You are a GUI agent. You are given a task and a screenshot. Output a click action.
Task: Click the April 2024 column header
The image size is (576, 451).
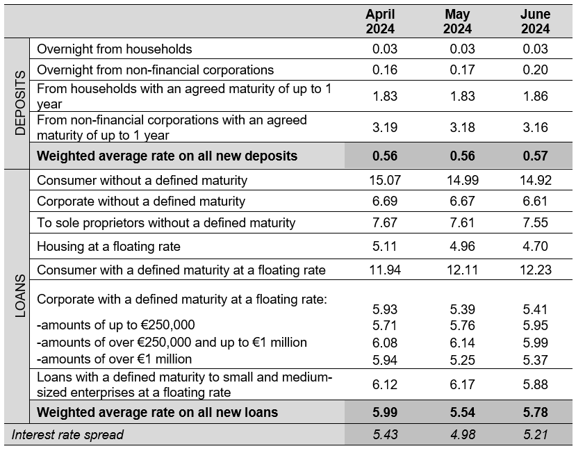[380, 22]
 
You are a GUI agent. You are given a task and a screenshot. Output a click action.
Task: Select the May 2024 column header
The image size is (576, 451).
[457, 22]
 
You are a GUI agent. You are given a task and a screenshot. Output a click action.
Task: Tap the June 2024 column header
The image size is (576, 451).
[535, 22]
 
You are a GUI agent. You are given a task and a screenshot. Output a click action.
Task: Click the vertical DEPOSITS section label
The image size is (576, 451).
[20, 103]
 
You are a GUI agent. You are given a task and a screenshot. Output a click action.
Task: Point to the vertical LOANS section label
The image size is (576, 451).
[20, 295]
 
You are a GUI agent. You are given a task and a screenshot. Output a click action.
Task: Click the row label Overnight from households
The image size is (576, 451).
[114, 49]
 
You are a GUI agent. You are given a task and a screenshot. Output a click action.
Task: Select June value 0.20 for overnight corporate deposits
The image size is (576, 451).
[535, 69]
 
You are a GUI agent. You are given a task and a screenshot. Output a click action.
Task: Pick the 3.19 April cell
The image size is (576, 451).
[385, 127]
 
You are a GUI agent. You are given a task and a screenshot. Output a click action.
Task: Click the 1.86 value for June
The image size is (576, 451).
[535, 96]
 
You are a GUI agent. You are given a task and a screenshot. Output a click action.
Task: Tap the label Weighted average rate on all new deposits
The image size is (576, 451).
[167, 156]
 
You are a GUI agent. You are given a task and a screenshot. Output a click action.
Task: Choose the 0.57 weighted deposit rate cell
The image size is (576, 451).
[535, 156]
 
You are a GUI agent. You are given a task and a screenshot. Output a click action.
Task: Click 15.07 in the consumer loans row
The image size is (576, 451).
[385, 180]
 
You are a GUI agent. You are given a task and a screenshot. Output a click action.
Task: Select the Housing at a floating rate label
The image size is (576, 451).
[108, 246]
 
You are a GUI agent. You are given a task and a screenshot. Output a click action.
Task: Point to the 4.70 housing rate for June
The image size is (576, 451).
[535, 246]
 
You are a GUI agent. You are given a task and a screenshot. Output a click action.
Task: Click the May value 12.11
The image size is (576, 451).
[462, 270]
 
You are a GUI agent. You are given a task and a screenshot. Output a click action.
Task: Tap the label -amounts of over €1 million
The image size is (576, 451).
[114, 359]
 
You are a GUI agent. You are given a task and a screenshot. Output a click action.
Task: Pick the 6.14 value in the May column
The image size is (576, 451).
[462, 343]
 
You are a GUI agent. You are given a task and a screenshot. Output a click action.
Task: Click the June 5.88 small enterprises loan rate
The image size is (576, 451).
[535, 384]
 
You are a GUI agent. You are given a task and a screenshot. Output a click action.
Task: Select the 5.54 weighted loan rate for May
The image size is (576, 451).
[462, 412]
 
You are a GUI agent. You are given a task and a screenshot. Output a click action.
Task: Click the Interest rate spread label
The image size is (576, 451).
[67, 434]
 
